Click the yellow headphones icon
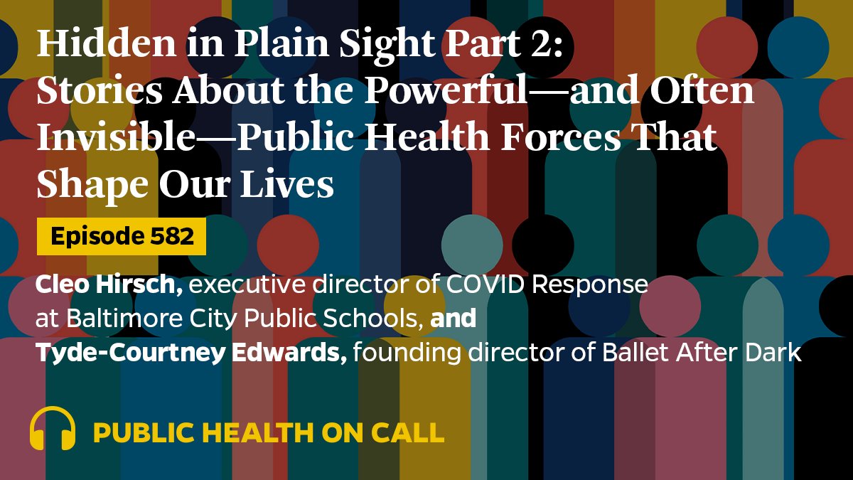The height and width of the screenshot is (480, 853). pos(53,428)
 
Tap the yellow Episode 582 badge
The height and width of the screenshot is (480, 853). pos(122,237)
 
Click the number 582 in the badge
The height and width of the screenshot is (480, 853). pos(171,237)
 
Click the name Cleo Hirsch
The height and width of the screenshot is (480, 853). pos(105,285)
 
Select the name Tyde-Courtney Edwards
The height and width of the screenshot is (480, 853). pos(191,352)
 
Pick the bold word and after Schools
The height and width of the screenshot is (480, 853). pos(454,319)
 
